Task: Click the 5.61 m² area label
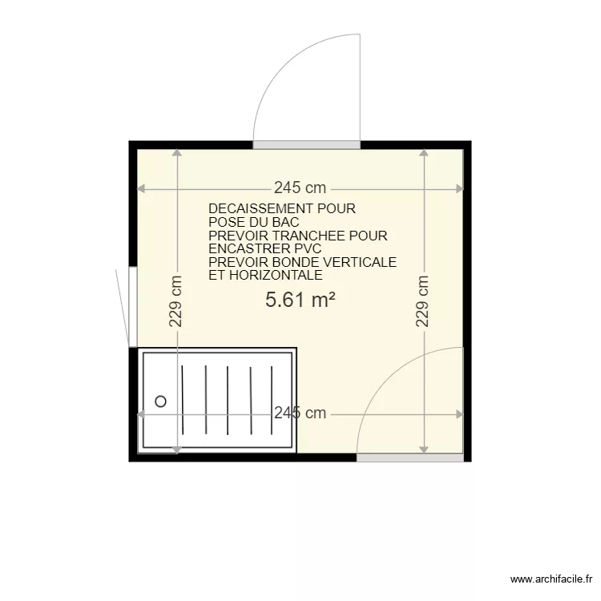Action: pos(299,300)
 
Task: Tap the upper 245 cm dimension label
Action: pos(300,188)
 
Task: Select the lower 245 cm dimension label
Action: pos(300,413)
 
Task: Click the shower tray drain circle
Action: pos(161,401)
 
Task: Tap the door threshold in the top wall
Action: pos(305,145)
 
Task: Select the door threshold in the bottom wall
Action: pos(409,458)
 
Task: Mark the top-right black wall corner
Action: pos(467,144)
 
